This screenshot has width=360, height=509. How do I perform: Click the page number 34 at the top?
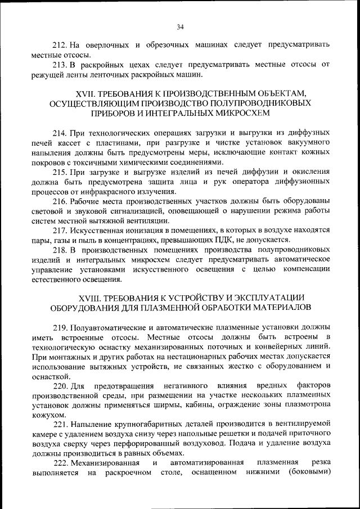pyautogui.click(x=180, y=26)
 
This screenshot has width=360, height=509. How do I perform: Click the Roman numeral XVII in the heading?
pyautogui.click(x=86, y=93)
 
